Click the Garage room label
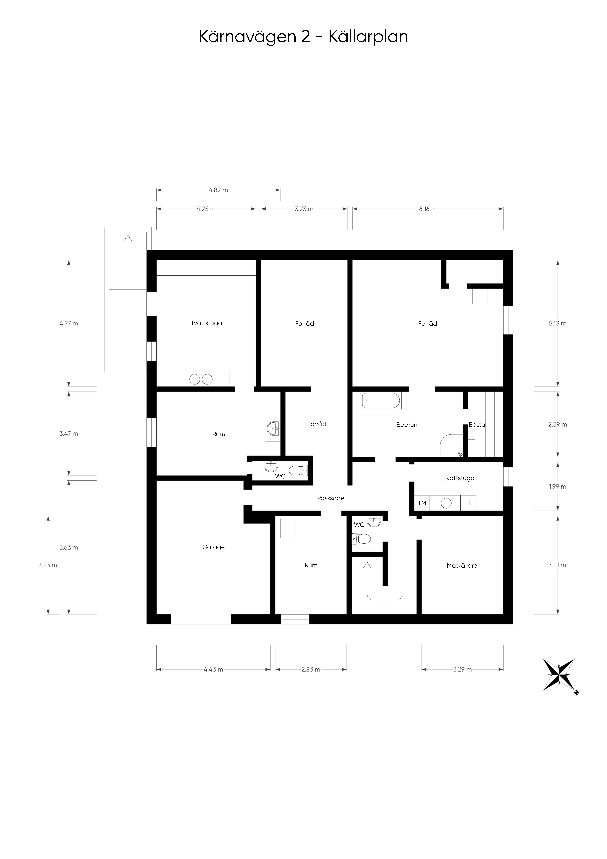[x=213, y=547]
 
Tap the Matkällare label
[x=462, y=565]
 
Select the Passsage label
[x=331, y=498]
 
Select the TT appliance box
[x=468, y=503]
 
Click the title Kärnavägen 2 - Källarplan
[x=303, y=37]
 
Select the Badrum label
[x=408, y=425]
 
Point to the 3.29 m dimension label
[x=462, y=669]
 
